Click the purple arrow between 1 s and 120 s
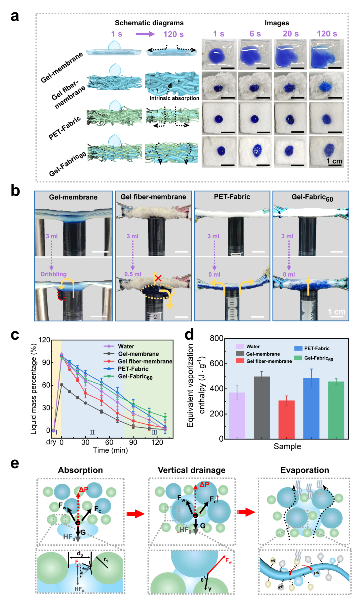pyautogui.click(x=145, y=34)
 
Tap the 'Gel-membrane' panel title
pyautogui.click(x=73, y=197)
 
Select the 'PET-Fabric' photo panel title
pyautogui.click(x=232, y=197)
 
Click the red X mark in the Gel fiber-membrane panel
pyautogui.click(x=158, y=278)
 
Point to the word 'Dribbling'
pyautogui.click(x=54, y=274)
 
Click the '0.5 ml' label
pyautogui.click(x=133, y=274)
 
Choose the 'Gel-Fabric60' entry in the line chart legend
pyautogui.click(x=135, y=377)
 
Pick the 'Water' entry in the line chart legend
pyautogui.click(x=126, y=346)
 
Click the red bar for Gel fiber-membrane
pyautogui.click(x=286, y=419)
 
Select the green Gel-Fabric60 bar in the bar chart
pyautogui.click(x=336, y=410)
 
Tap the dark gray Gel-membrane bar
pyautogui.click(x=262, y=407)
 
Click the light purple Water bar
pyautogui.click(x=237, y=415)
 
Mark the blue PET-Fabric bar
pyautogui.click(x=311, y=408)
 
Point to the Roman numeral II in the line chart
pyautogui.click(x=92, y=432)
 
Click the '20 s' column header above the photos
pyautogui.click(x=291, y=34)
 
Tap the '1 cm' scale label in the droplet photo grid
pyautogui.click(x=334, y=161)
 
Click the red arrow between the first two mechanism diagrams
pyautogui.click(x=136, y=514)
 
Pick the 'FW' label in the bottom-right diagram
pyautogui.click(x=316, y=573)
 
